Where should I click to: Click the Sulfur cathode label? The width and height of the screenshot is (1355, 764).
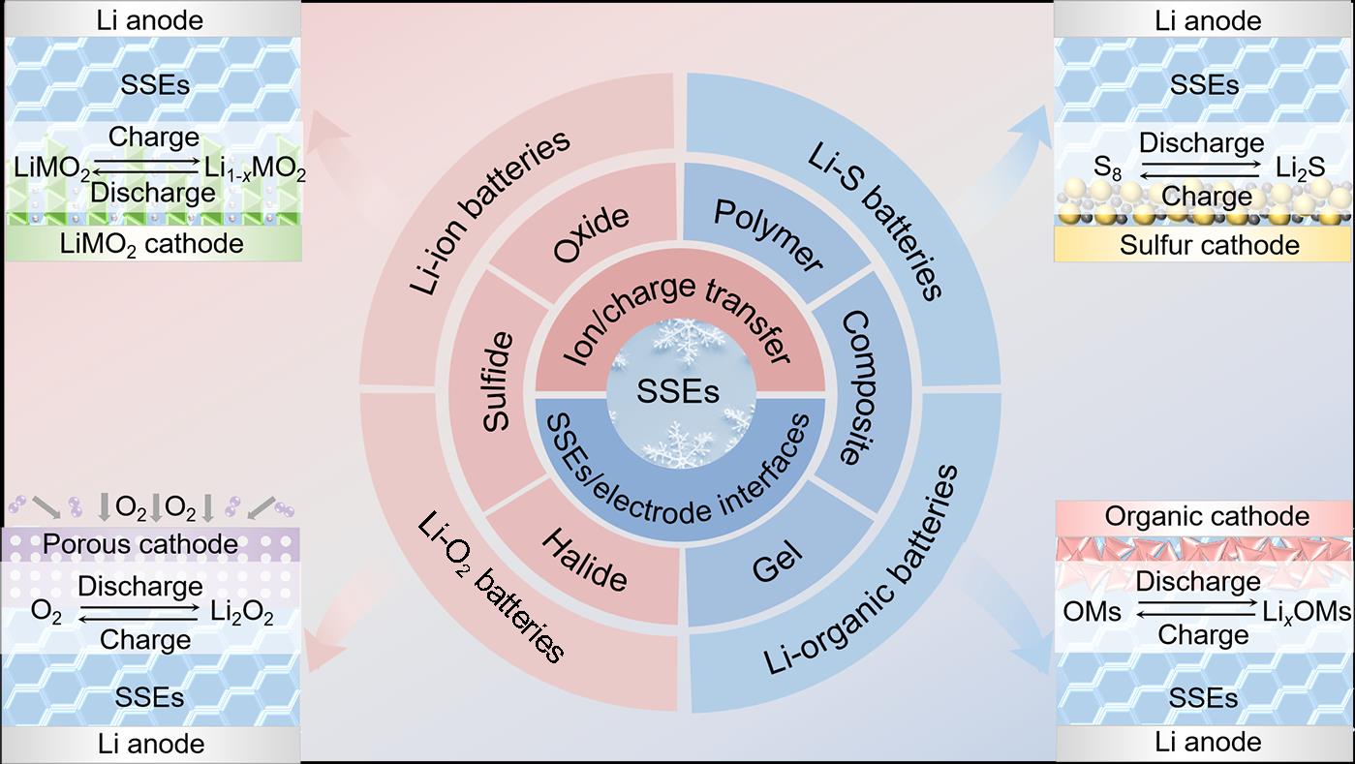(x=1209, y=246)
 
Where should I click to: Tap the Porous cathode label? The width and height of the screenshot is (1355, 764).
(x=140, y=544)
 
